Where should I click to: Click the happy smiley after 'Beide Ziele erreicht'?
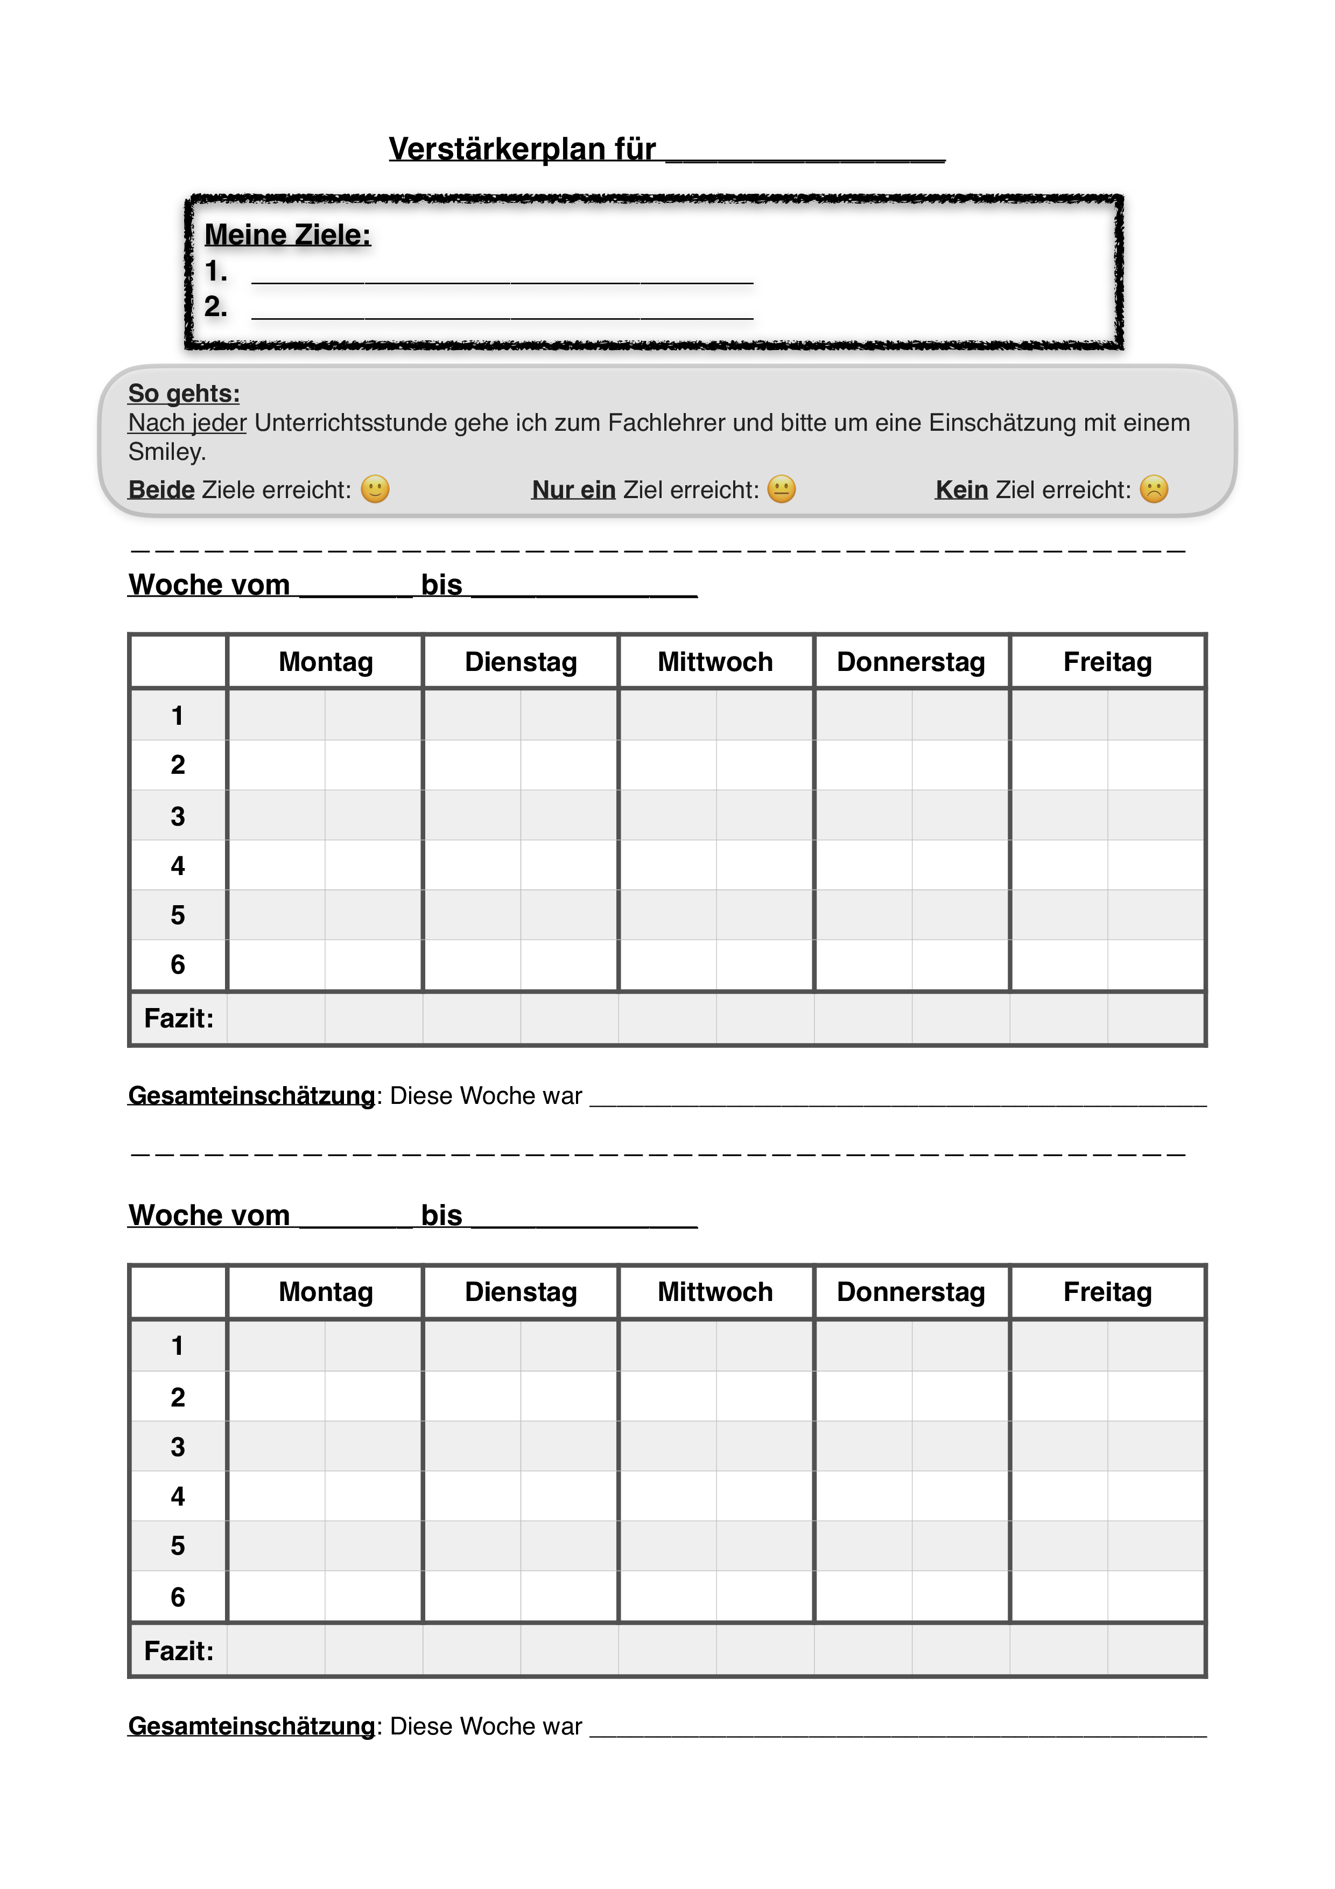pos(375,489)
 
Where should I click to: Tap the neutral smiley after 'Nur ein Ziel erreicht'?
pos(782,489)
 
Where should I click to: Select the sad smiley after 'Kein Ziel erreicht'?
pos(1154,489)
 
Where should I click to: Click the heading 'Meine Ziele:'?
pos(287,235)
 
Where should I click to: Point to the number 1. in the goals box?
pos(215,271)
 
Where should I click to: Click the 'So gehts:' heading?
pos(184,393)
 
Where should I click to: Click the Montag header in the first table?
pos(326,661)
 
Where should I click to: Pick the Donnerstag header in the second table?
pos(911,1292)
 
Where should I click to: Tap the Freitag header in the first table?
pos(1107,661)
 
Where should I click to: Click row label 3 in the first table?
pos(178,816)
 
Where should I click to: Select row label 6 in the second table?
pos(178,1597)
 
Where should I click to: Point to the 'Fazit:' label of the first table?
pos(179,1019)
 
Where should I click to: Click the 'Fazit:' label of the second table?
pos(179,1650)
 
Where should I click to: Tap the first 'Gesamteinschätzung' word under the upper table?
pos(252,1096)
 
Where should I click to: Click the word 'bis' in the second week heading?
pos(442,1215)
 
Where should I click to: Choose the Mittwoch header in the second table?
pos(715,1292)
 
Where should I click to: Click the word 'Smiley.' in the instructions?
pos(167,452)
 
